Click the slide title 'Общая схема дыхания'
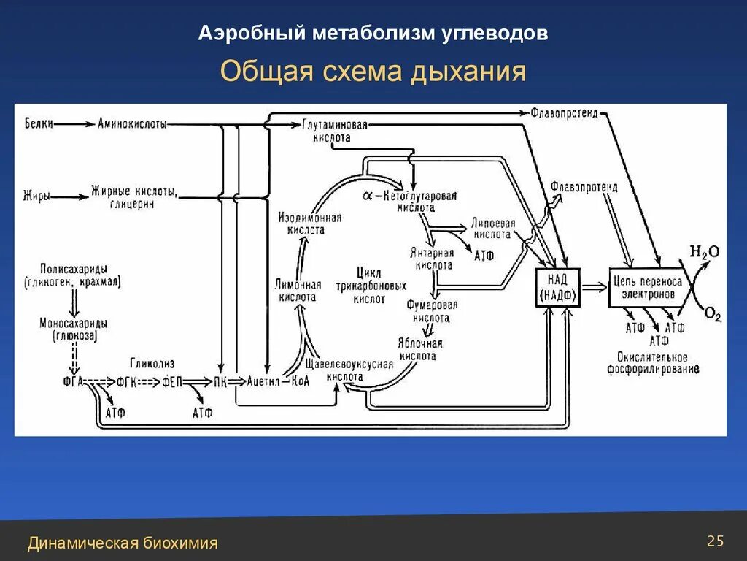pyautogui.click(x=373, y=72)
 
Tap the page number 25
pyautogui.click(x=715, y=541)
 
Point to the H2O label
pyautogui.click(x=705, y=252)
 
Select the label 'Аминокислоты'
pyautogui.click(x=132, y=123)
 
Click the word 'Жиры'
pyautogui.click(x=36, y=196)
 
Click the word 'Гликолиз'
pyautogui.click(x=152, y=363)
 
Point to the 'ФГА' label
pyautogui.click(x=74, y=381)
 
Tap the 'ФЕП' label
pyautogui.click(x=172, y=381)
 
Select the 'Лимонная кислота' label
pyautogui.click(x=297, y=291)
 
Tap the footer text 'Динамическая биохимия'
pyautogui.click(x=123, y=543)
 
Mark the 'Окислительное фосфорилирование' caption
pyautogui.click(x=653, y=363)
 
